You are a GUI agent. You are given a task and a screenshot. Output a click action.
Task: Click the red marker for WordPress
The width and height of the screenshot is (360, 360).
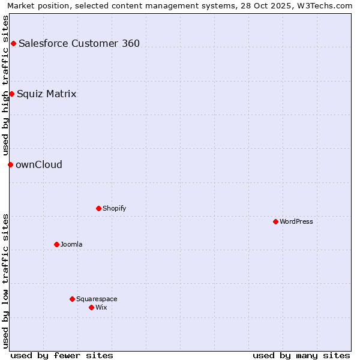pos(275,221)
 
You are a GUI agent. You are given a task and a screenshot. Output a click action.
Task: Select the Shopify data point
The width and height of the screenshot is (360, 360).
pos(98,208)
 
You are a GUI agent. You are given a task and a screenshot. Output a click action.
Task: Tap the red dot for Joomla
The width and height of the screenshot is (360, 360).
pos(56,244)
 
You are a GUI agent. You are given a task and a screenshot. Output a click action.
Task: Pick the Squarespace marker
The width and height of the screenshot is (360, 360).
pos(72,299)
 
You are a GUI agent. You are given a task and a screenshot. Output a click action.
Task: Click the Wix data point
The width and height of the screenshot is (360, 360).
pos(91,307)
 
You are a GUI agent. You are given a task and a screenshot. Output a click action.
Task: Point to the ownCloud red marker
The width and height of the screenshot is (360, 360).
pos(10,164)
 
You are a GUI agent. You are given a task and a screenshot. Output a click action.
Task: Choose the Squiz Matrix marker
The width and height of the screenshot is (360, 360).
pos(11,94)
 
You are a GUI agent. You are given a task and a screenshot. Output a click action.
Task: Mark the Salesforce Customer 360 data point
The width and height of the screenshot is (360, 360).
pos(13,43)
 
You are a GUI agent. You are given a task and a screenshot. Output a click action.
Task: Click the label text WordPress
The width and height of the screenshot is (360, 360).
pos(296,221)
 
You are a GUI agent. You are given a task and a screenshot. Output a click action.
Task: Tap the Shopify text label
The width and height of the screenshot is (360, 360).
pos(114,208)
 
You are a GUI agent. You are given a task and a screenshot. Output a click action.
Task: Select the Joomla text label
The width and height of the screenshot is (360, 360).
pos(71,244)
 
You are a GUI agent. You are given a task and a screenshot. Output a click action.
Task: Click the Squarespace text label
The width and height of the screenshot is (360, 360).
pos(97,299)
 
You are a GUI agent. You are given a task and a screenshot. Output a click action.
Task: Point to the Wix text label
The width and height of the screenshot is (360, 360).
pos(101,307)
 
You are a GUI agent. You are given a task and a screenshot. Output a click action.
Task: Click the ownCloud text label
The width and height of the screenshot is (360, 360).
pos(39,164)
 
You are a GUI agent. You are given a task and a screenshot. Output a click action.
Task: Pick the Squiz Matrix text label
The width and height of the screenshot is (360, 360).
pos(47,94)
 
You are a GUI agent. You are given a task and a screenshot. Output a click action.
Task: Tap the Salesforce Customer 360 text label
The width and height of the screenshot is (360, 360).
pos(79,43)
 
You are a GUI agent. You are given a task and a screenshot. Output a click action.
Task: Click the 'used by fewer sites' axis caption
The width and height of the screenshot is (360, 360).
pos(62,355)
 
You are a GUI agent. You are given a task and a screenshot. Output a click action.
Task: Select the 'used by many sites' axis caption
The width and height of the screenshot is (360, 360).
pos(301,355)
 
